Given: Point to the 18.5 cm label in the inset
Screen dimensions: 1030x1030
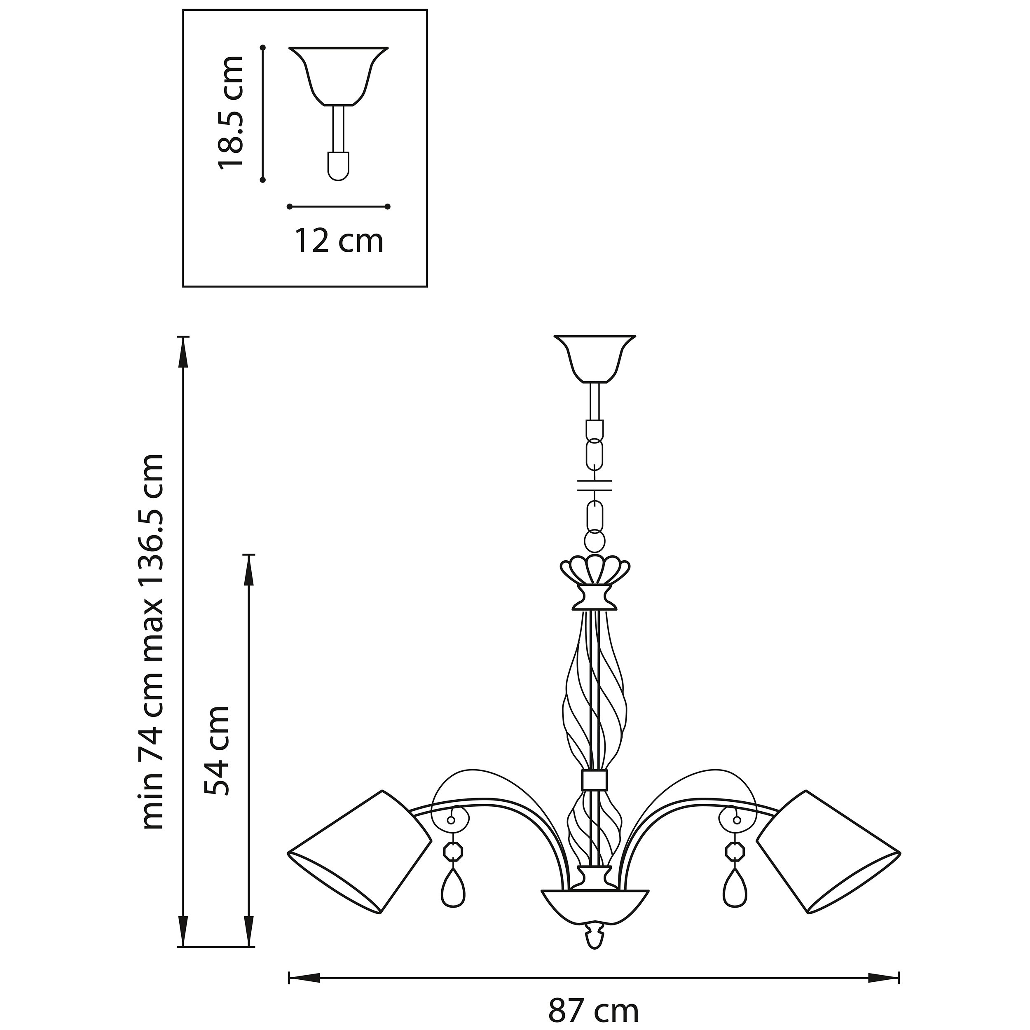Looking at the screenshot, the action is tap(230, 112).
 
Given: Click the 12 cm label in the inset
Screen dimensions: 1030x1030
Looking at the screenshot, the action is tap(339, 241).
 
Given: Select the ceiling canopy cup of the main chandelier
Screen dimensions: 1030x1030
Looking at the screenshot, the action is tap(595, 358).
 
